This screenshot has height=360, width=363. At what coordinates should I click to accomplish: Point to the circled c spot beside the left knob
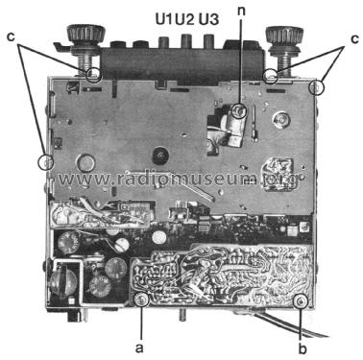tap(93, 73)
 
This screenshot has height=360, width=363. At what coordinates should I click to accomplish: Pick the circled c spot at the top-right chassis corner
tap(318, 85)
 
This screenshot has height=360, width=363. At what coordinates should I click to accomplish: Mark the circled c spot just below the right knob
tap(273, 73)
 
